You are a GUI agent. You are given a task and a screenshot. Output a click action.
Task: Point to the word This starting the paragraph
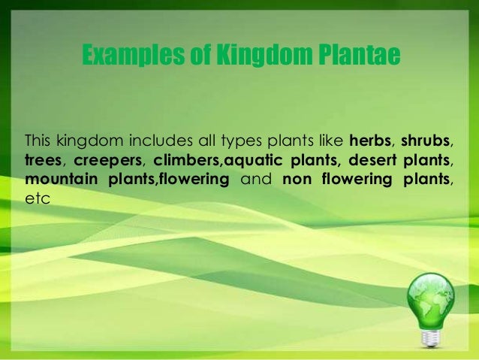coord(38,141)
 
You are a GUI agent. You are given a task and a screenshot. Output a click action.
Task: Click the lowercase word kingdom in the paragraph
coord(86,142)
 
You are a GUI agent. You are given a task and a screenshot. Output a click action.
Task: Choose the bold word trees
coord(43,161)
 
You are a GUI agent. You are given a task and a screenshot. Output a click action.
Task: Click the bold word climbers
coord(183,161)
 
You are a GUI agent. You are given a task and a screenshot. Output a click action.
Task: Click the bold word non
coord(297,180)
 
